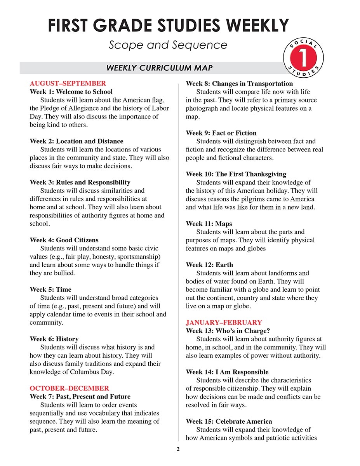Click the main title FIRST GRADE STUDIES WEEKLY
[168, 25]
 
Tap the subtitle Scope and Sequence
[168, 45]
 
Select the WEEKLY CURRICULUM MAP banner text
[160, 68]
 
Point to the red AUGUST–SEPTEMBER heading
[68, 83]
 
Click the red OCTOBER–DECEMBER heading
[70, 388]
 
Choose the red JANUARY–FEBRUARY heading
[224, 322]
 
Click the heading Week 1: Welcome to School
[71, 92]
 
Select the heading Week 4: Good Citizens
[64, 240]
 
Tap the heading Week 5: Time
[50, 289]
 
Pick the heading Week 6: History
[54, 339]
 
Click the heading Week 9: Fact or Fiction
[221, 133]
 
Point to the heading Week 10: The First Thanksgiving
[236, 174]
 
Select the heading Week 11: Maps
[209, 224]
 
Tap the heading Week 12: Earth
[209, 265]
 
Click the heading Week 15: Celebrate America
[229, 421]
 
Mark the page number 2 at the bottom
[178, 450]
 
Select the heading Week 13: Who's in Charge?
[228, 331]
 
